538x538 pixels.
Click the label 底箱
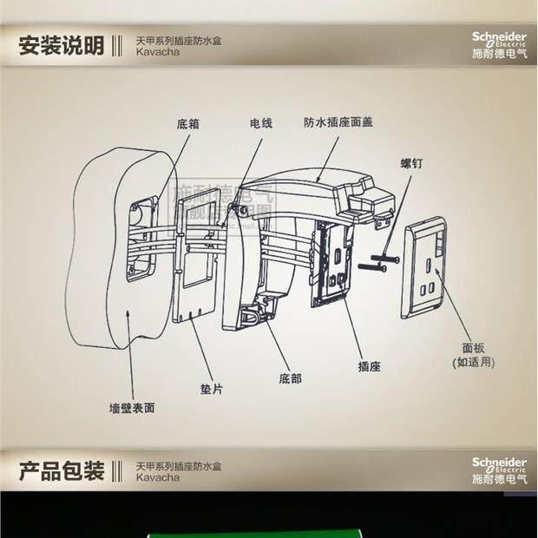click(x=187, y=124)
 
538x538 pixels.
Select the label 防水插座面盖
click(x=338, y=122)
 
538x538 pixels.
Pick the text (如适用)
click(x=473, y=361)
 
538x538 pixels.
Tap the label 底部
click(x=291, y=378)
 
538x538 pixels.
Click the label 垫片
click(x=211, y=390)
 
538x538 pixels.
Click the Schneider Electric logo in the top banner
click(x=498, y=44)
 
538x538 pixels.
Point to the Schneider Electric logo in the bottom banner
click(x=498, y=469)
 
